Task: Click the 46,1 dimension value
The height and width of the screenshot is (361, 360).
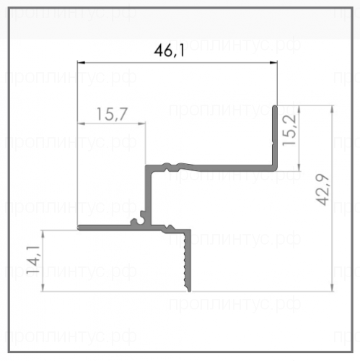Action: point(169,51)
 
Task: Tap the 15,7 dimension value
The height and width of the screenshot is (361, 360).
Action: point(112,114)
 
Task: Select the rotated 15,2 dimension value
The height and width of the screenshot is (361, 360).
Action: point(289,130)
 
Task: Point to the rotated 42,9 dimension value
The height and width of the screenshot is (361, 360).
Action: point(322,189)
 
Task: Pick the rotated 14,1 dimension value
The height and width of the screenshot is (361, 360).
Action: point(33,260)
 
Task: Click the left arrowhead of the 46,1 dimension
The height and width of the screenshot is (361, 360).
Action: point(81,63)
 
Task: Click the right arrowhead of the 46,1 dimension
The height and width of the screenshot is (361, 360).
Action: point(273,63)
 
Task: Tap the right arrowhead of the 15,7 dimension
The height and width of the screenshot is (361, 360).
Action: point(142,123)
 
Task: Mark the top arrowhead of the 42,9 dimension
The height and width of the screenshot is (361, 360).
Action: point(333,109)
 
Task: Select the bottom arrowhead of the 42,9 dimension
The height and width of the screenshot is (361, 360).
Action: point(333,287)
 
